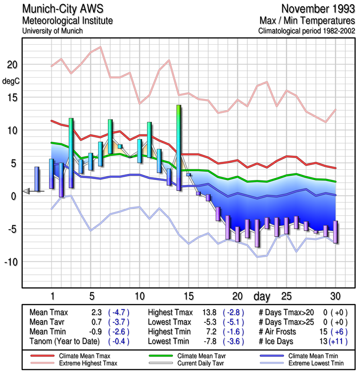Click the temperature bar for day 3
71,153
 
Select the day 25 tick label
287,296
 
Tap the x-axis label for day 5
92,296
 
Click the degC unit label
11,81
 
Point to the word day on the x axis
262,296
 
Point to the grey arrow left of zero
26,191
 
